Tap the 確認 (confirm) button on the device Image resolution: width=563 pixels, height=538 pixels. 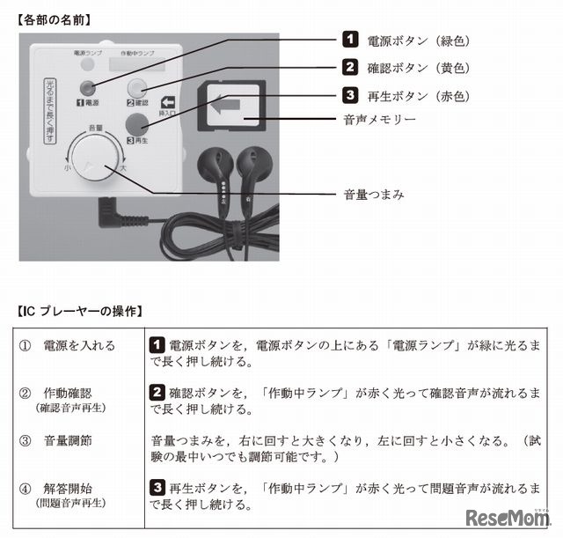click(139, 87)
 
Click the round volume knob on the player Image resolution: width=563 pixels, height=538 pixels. click(93, 161)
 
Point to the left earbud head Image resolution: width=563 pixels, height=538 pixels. click(215, 164)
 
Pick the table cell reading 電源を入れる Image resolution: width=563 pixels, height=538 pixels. click(79, 345)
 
